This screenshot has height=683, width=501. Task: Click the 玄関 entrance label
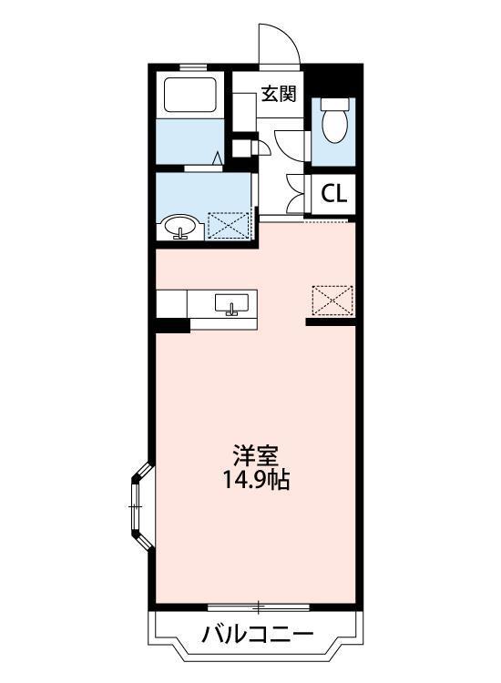click(279, 94)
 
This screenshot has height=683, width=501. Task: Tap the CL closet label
click(333, 194)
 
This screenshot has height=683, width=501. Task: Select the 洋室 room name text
click(256, 456)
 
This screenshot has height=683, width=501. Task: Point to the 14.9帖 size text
click(256, 480)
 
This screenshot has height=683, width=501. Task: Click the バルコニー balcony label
click(258, 634)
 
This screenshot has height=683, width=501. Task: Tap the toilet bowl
click(334, 125)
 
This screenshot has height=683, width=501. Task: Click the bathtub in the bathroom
click(190, 95)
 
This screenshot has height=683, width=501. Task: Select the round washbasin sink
click(180, 227)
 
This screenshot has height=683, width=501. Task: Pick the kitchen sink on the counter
click(231, 303)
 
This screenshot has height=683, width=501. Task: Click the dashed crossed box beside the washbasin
click(229, 225)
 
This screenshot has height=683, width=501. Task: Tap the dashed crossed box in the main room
click(332, 301)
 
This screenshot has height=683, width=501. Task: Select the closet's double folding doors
click(296, 193)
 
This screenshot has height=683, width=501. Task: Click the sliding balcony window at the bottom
click(259, 607)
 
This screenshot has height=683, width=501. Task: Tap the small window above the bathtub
click(193, 67)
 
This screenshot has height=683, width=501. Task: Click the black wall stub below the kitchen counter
click(173, 326)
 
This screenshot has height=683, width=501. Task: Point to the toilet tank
click(335, 104)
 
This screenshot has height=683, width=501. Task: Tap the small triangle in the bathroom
click(218, 158)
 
